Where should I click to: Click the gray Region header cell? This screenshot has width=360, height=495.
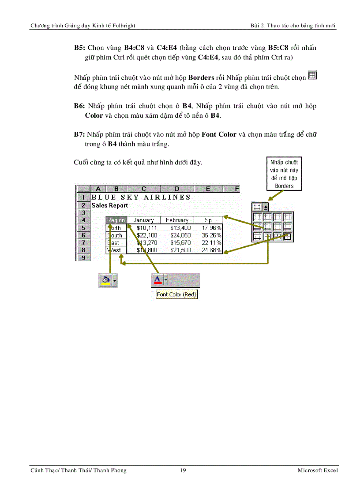click(116, 220)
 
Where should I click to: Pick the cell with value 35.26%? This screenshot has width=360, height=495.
click(211, 235)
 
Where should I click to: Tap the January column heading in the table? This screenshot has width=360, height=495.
click(144, 220)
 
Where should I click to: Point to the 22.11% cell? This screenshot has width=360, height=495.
click(211, 242)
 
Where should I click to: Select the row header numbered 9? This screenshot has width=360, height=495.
click(83, 257)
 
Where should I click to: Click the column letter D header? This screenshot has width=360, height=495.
click(176, 189)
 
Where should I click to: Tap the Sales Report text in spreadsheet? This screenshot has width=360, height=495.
click(110, 205)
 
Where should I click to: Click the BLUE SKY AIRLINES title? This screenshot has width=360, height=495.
click(141, 197)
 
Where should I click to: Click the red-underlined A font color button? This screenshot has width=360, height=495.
click(157, 280)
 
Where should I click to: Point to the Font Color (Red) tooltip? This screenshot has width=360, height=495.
click(176, 294)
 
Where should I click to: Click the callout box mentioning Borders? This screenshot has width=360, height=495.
click(284, 174)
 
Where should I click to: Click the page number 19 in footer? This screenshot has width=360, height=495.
click(183, 470)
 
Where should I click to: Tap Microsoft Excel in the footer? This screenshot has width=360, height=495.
click(318, 470)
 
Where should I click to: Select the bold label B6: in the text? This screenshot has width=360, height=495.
click(79, 106)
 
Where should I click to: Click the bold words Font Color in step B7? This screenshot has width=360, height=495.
click(219, 134)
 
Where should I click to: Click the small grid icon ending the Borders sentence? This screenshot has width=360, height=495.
click(312, 76)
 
